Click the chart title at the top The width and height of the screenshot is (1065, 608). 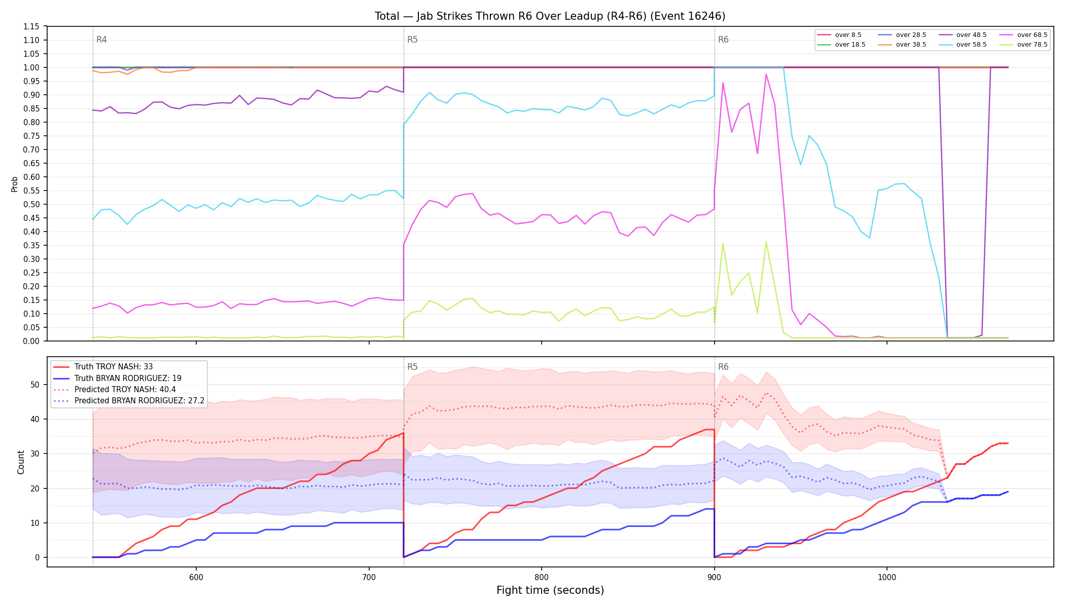coord(550,16)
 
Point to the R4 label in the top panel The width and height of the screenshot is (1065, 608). coord(101,40)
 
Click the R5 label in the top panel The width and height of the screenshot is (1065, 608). coord(412,40)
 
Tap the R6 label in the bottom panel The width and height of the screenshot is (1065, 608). coord(723,367)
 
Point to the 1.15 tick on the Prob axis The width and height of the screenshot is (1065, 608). coord(31,26)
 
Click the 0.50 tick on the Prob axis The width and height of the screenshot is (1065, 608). coord(31,204)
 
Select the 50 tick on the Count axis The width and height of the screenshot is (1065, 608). coord(35,385)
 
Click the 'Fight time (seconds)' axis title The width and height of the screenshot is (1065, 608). coord(550,590)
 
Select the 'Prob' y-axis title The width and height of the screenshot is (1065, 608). coord(15,184)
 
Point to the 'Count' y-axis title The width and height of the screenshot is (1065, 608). coord(21,462)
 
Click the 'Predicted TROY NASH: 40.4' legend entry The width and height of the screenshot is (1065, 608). coord(125,390)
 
